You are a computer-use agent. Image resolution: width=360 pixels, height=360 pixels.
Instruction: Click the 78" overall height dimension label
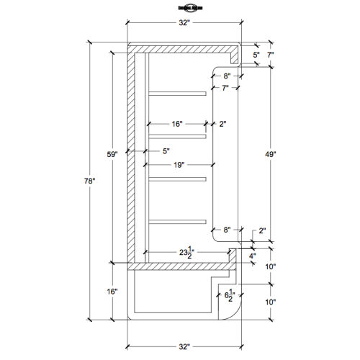coord(90,181)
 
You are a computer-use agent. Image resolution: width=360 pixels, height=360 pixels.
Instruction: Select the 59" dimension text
coord(112,154)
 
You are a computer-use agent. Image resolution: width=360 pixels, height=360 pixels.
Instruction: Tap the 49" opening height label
coord(270,154)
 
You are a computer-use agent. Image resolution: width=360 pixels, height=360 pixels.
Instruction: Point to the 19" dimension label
coord(178,165)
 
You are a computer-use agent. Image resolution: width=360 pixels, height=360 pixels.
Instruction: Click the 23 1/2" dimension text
coord(189,252)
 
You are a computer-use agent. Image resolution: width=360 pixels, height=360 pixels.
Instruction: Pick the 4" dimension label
coord(252,256)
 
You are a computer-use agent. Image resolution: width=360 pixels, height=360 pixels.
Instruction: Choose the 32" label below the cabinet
coord(184,346)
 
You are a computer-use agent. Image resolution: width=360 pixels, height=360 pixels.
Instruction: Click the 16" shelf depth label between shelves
coord(177,124)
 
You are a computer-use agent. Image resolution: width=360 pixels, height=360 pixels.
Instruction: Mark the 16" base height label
coord(112,292)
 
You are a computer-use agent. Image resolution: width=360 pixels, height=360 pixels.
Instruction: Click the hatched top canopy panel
coord(184,48)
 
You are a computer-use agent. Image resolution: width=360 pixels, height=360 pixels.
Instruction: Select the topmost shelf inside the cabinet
coord(177,93)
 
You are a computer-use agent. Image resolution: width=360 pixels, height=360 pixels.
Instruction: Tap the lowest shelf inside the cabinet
coord(177,220)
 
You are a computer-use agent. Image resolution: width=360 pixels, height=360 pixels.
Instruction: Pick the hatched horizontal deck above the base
coord(180,265)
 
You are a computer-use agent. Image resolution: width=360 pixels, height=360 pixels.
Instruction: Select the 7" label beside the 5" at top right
coord(271,55)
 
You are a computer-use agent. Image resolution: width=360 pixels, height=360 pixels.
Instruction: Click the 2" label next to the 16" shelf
coord(223,124)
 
